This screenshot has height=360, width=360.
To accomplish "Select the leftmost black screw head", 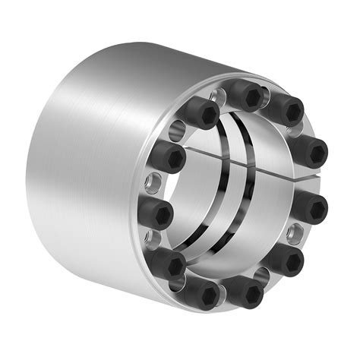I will coord(156,213).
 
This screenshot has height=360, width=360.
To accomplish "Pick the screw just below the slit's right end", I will coord(310,207).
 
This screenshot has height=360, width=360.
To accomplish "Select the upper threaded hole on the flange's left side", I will coord(156,181).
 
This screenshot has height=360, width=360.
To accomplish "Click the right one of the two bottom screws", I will coord(242,290).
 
